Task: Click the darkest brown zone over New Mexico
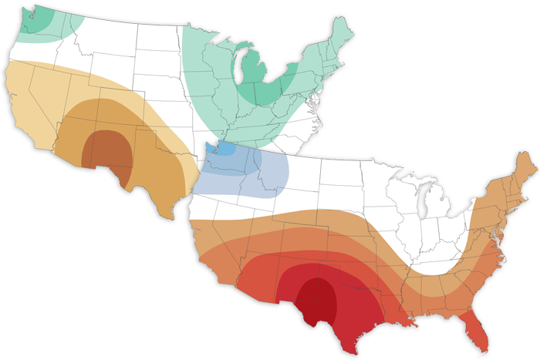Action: pyautogui.click(x=108, y=150)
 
